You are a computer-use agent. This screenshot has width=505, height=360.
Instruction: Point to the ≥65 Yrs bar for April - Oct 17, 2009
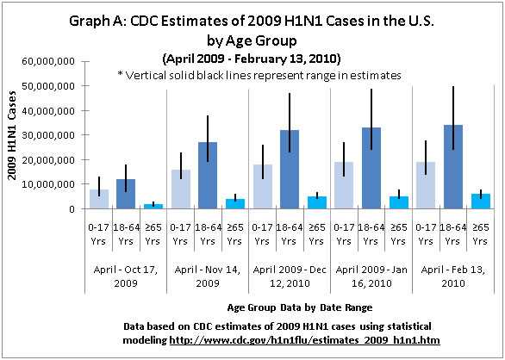(153, 206)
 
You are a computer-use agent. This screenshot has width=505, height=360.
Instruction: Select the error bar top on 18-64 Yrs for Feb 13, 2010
(452, 87)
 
